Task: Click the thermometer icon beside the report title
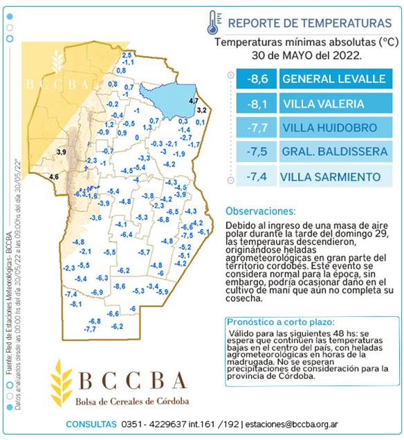(x=212, y=23)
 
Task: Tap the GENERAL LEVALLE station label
(x=333, y=79)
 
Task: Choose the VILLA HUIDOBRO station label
(x=330, y=128)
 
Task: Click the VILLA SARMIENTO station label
(x=330, y=177)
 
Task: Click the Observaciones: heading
(x=261, y=211)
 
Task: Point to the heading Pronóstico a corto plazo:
(x=281, y=322)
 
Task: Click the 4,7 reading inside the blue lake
(x=194, y=101)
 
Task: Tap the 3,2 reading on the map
(x=201, y=109)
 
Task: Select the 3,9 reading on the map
(x=61, y=152)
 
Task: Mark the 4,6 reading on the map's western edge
(x=54, y=177)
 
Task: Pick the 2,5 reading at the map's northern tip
(x=127, y=55)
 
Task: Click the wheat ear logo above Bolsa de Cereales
(x=63, y=385)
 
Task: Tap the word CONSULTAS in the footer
(x=91, y=424)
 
